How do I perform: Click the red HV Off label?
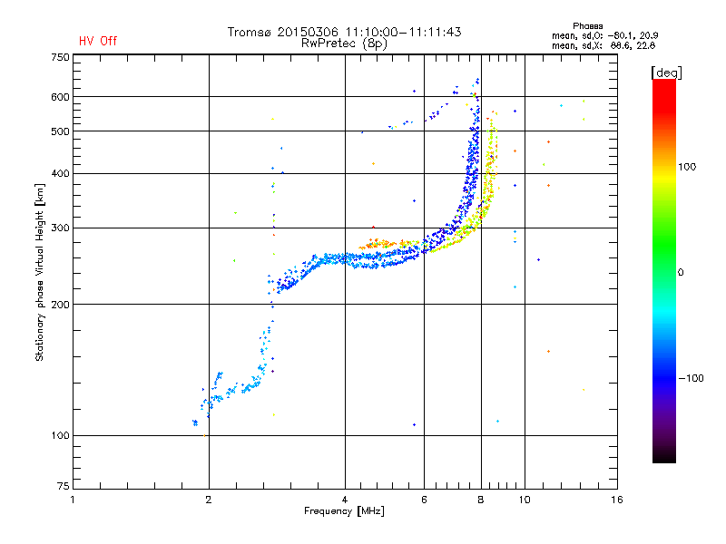[98, 41]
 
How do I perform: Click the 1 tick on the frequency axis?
[73, 500]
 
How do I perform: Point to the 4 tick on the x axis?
[345, 500]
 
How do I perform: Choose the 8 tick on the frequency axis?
[481, 500]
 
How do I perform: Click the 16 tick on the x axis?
[616, 500]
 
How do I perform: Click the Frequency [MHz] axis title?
[344, 511]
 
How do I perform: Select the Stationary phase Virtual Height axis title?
[40, 272]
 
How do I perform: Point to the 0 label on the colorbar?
[681, 272]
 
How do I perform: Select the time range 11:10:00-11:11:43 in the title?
[400, 32]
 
